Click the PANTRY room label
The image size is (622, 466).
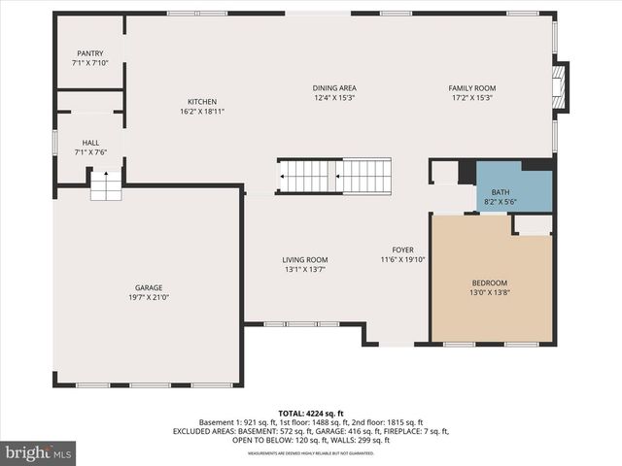pos(89,53)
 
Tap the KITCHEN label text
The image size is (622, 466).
pos(202,102)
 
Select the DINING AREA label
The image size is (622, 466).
pos(333,88)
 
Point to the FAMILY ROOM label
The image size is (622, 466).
pos(471,88)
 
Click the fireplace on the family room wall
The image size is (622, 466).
pos(559,86)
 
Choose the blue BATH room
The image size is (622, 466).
pos(513,190)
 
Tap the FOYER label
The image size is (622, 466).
pos(402,250)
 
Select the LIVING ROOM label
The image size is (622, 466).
pos(304,259)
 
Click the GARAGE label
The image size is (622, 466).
pos(148,287)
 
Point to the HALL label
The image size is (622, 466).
pos(89,143)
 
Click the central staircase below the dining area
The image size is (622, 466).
pos(335,177)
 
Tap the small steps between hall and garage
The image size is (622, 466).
pos(106,185)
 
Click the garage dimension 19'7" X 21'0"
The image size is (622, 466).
pos(148,298)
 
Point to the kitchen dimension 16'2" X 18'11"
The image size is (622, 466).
pos(202,112)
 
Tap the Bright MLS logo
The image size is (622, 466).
pos(39,452)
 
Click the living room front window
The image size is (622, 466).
pos(301,323)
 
